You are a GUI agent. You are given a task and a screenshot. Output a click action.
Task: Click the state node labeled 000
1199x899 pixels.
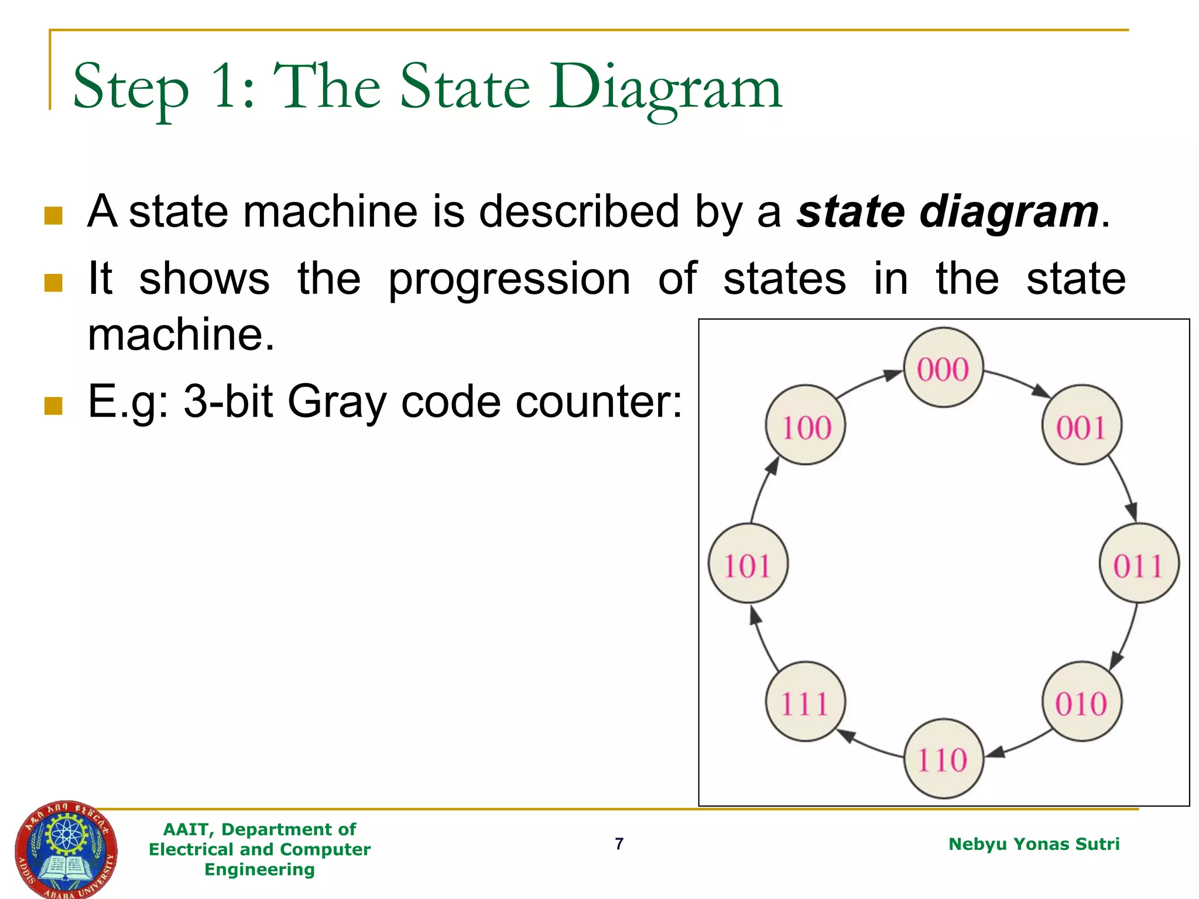point(943,368)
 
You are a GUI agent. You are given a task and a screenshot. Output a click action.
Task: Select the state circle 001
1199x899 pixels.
point(1081,425)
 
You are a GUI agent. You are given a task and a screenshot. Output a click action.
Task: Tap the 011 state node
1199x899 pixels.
point(1139,564)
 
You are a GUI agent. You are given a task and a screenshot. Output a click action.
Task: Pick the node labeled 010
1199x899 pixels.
point(1082,702)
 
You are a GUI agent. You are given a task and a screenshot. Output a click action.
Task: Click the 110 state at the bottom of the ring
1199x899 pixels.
point(943,759)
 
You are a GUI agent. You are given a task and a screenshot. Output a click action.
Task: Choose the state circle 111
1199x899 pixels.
point(805,702)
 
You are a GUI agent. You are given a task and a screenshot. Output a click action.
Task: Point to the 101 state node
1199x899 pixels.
point(748,564)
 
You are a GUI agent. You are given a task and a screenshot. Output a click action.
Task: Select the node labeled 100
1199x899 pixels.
point(806,425)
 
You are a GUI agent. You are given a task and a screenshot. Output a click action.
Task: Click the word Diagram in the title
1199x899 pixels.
point(665,88)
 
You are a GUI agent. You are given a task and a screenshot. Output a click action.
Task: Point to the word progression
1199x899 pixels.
point(509,280)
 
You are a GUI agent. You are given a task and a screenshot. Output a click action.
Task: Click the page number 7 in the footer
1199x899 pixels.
point(619,843)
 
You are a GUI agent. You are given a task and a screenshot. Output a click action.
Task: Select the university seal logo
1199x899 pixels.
point(66,849)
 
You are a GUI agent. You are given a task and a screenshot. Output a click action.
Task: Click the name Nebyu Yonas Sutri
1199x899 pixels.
point(1033,844)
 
